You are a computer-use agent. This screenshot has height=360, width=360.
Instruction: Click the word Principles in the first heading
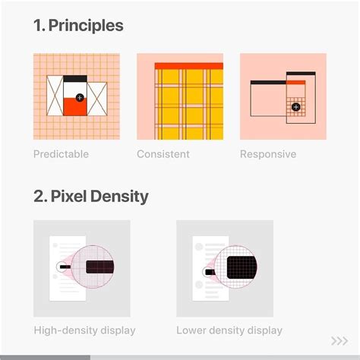(x=86, y=26)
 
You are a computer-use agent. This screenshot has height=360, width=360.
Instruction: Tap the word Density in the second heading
(x=121, y=197)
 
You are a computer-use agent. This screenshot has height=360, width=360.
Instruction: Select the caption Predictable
(x=61, y=154)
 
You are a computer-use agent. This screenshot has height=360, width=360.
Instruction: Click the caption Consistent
(x=163, y=154)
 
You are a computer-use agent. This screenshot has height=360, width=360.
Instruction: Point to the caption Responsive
(x=268, y=154)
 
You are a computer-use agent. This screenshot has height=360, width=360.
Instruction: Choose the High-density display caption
(x=84, y=330)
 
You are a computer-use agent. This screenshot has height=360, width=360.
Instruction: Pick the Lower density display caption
(x=229, y=330)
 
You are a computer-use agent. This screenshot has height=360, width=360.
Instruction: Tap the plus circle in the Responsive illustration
(x=295, y=107)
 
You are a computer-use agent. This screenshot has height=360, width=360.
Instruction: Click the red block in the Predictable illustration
(x=73, y=106)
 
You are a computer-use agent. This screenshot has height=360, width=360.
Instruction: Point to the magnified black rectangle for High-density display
(x=100, y=267)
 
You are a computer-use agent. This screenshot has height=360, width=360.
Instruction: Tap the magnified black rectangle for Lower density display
(x=241, y=267)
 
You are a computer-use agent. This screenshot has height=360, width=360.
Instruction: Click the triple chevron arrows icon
(x=339, y=340)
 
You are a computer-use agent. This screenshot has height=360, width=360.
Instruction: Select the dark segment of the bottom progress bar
(x=45, y=357)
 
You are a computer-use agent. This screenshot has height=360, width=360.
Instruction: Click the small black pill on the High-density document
(x=63, y=267)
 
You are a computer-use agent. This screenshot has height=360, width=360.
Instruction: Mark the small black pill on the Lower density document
(x=207, y=270)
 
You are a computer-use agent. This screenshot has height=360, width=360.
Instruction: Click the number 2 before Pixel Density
(x=39, y=197)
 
